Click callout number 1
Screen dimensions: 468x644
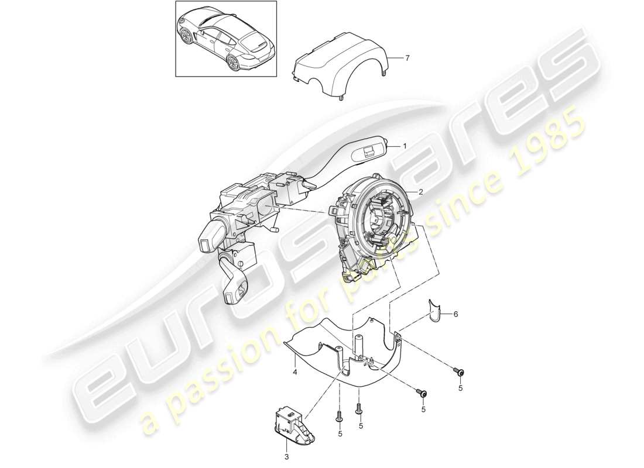tap(404, 146)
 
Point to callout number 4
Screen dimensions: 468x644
tap(296, 371)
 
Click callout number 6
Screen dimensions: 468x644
tap(455, 314)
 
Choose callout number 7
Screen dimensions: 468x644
tap(408, 57)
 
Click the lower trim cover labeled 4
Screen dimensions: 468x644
tap(351, 357)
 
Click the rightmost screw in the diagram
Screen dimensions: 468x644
tap(459, 373)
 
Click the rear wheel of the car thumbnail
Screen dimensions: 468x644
tap(234, 63)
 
